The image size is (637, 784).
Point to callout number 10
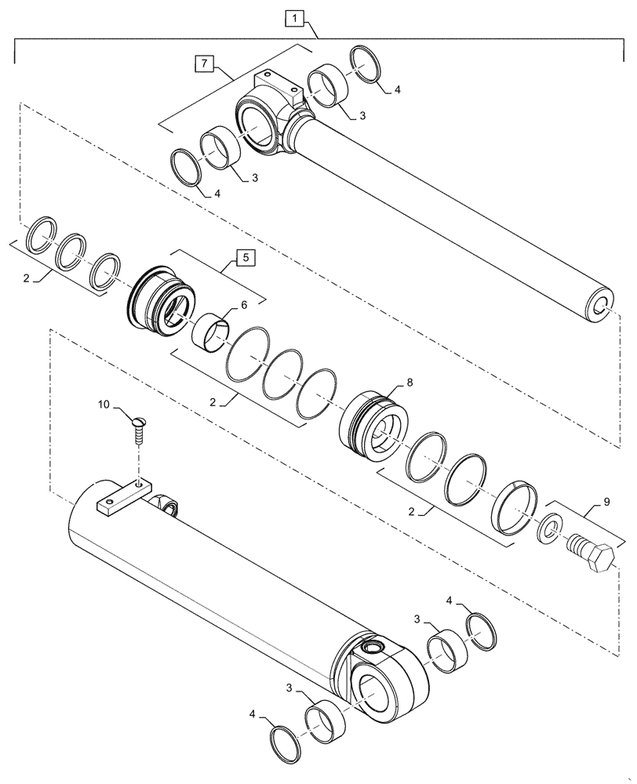coord(104,405)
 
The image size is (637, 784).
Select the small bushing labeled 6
coord(210,332)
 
